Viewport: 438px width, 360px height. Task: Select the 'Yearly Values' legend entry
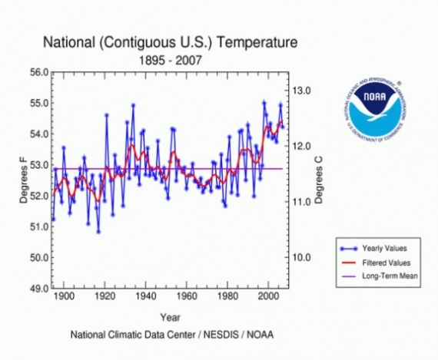coord(384,249)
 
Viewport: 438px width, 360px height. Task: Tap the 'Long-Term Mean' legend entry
coord(389,275)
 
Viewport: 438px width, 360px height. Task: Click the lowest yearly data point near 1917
coord(98,231)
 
